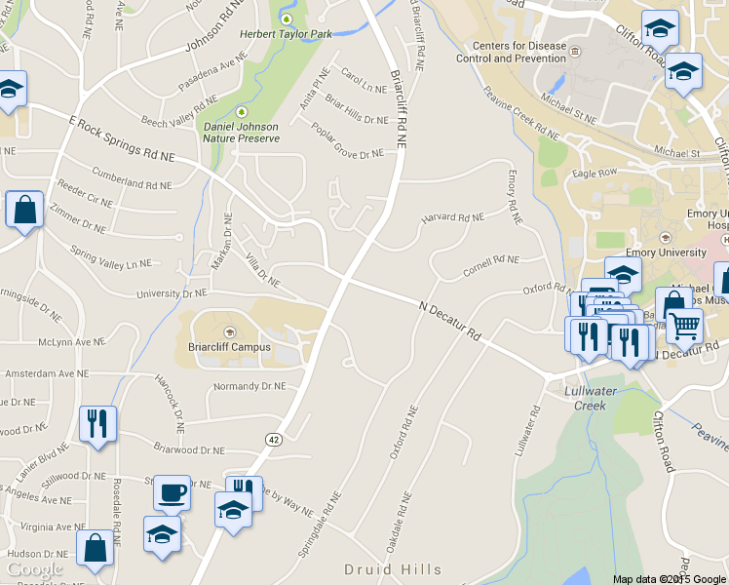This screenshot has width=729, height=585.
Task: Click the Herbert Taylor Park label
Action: tap(286, 34)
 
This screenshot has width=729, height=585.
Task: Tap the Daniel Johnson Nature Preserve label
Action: tap(241, 132)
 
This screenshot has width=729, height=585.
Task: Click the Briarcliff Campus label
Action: tap(229, 346)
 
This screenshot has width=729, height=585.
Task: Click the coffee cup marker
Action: tap(173, 492)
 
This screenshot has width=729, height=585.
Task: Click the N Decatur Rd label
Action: tap(449, 321)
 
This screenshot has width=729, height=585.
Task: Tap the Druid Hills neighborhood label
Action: tap(393, 569)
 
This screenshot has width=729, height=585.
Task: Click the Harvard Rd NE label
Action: tap(452, 218)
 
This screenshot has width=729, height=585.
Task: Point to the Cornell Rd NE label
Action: tap(491, 260)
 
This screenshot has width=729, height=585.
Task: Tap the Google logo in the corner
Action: tap(34, 569)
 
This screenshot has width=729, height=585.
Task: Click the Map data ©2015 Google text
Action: tap(670, 579)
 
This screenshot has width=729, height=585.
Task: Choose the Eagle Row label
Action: tap(595, 173)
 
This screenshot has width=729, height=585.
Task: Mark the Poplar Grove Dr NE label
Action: tap(348, 141)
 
